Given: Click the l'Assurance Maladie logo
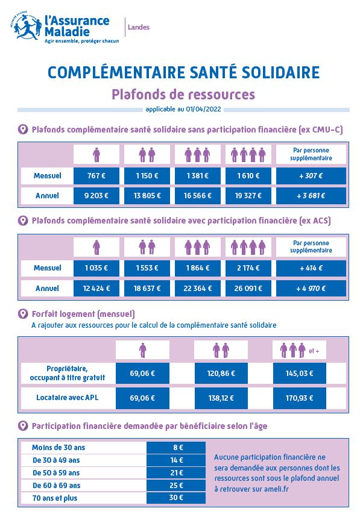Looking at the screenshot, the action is [63, 28].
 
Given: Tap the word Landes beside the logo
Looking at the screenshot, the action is [139, 27].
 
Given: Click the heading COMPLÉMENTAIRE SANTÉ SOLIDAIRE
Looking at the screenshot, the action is [183, 73].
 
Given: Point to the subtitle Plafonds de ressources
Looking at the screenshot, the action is [183, 95].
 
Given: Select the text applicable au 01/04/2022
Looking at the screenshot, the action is [183, 109].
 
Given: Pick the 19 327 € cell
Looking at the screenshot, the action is [248, 196].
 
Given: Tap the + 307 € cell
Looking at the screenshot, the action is [311, 176].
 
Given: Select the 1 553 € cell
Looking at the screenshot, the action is [147, 268].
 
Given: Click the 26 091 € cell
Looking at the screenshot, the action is [248, 288].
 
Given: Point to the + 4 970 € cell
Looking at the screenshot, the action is [311, 288].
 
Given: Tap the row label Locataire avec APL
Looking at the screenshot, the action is [68, 398].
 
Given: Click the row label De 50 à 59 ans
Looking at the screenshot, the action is [56, 472].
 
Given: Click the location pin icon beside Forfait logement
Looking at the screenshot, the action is [23, 314].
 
